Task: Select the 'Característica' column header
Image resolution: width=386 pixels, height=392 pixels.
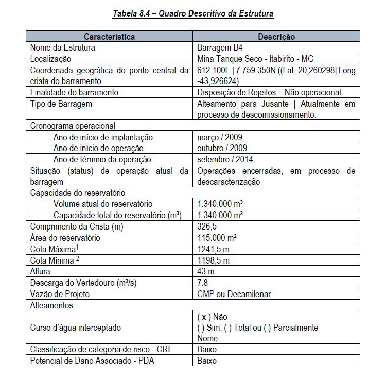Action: pyautogui.click(x=109, y=37)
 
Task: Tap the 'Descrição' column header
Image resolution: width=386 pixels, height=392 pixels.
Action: pyautogui.click(x=276, y=37)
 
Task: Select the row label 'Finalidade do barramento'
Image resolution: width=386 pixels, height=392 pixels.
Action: pyautogui.click(x=74, y=93)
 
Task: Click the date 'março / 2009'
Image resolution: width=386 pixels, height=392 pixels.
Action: pyautogui.click(x=220, y=137)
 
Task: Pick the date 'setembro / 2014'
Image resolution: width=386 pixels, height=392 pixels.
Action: pyautogui.click(x=225, y=159)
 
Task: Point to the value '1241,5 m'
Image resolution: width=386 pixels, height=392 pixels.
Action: pyautogui.click(x=213, y=249)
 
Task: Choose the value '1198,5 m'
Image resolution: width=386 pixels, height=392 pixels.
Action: pyautogui.click(x=213, y=260)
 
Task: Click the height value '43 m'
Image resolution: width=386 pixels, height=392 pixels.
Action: pyautogui.click(x=206, y=271)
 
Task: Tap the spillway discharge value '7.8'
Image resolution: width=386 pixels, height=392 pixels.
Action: pyautogui.click(x=203, y=283)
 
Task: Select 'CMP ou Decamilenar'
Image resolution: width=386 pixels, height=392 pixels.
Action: pyautogui.click(x=234, y=294)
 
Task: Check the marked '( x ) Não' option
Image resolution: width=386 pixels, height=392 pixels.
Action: pyautogui.click(x=213, y=317)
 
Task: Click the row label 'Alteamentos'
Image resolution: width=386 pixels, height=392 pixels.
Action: pyautogui.click(x=51, y=305)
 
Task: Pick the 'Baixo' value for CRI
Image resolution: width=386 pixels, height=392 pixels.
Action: pyautogui.click(x=207, y=350)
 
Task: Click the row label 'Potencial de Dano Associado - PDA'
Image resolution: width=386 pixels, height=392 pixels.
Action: pyautogui.click(x=92, y=361)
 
